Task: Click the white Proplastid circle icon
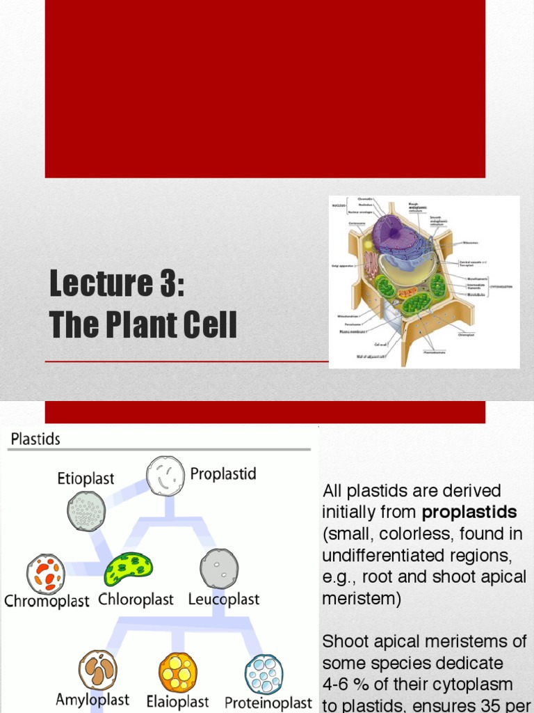[165, 476]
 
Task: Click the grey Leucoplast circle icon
[219, 568]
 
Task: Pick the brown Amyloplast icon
[98, 670]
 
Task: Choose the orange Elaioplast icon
[178, 672]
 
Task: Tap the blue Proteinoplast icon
[264, 674]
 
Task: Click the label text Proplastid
[223, 474]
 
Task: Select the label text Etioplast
[86, 479]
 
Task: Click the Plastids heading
[35, 439]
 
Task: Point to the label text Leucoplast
[223, 600]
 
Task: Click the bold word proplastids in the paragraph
[469, 512]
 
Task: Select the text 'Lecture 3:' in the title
[117, 283]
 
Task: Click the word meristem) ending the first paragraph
[362, 599]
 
